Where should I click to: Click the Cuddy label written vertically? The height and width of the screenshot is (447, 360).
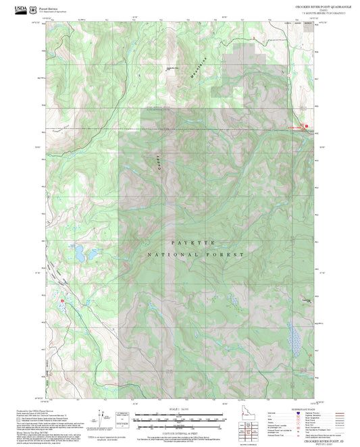(161, 160)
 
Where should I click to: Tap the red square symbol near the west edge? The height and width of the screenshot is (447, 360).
(63, 299)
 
